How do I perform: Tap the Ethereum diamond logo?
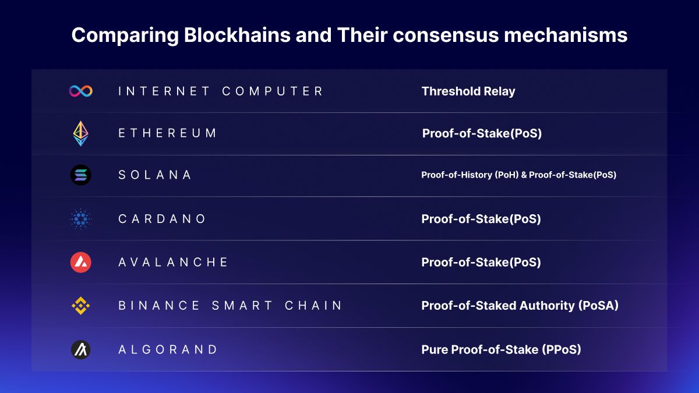point(80,133)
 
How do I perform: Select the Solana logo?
point(80,175)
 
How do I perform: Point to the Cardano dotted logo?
point(80,219)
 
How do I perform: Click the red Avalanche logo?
point(80,263)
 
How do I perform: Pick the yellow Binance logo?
point(80,306)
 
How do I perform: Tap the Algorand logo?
point(80,350)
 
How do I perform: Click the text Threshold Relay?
point(468,91)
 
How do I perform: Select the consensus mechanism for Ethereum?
point(482,133)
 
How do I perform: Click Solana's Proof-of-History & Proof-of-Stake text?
point(518,175)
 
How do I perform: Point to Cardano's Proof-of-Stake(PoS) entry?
point(481,219)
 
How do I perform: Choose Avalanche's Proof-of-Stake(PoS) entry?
point(481,263)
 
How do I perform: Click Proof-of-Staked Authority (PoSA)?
point(520,306)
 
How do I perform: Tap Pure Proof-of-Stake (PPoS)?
point(501,350)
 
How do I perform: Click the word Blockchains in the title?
point(237,35)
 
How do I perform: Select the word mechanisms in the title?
point(566,35)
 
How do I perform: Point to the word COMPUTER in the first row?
point(273,91)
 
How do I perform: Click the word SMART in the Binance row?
point(242,306)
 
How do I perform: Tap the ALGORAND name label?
point(168,350)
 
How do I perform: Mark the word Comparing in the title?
point(125,36)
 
